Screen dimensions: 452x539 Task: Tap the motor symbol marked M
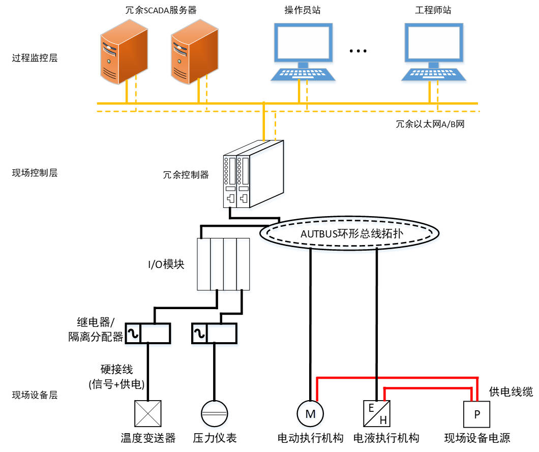click(x=310, y=414)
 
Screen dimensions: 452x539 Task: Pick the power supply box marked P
click(x=477, y=414)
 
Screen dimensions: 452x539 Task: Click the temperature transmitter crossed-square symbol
click(x=147, y=413)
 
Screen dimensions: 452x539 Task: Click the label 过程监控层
click(x=35, y=58)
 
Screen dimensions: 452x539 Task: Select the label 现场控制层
click(x=35, y=172)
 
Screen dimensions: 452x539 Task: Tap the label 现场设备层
click(x=35, y=395)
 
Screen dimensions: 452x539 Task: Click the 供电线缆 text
click(x=511, y=391)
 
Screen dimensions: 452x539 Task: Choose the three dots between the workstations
click(x=358, y=51)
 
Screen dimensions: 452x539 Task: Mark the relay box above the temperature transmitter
click(x=148, y=334)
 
